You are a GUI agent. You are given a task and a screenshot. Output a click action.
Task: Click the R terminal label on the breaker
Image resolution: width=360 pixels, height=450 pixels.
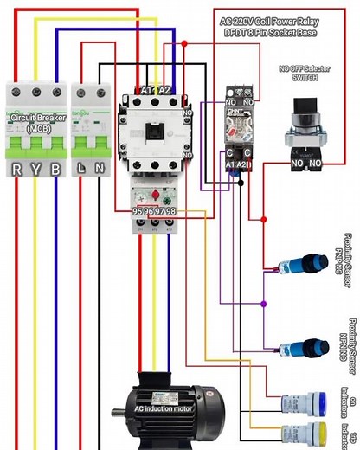point(17,170)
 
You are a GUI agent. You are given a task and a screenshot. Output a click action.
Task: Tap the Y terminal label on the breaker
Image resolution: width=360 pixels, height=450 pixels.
point(36,170)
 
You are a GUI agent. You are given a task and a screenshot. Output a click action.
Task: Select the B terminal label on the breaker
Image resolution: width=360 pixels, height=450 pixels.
point(55,170)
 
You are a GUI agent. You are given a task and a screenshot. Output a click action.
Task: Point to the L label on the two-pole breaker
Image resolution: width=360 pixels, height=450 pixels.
point(80,170)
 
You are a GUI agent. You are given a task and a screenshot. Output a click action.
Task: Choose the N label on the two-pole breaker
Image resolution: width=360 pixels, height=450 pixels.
point(100,170)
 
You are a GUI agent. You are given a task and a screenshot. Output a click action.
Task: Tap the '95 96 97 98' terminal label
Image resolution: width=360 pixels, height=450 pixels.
point(154,211)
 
